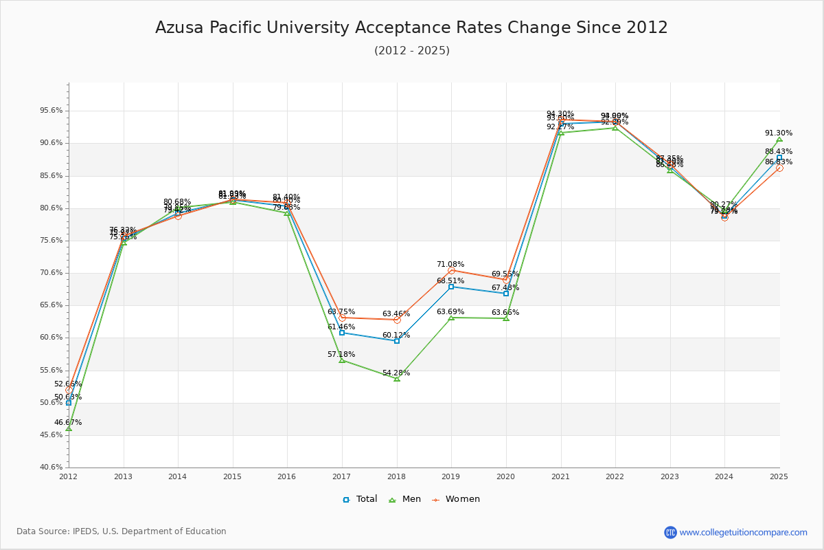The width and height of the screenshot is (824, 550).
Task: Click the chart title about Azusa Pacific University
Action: point(411,27)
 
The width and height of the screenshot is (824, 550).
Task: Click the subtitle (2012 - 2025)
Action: point(411,51)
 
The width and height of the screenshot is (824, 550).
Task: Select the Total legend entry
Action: point(360,499)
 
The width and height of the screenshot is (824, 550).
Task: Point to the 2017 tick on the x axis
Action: point(341,476)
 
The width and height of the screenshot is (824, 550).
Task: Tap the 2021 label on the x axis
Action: point(560,476)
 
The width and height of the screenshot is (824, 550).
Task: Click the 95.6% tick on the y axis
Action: point(52,110)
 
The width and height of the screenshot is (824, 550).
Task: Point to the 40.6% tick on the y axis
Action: point(52,467)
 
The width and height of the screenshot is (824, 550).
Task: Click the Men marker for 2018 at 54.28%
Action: point(397,379)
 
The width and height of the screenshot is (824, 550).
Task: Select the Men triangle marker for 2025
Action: point(779,140)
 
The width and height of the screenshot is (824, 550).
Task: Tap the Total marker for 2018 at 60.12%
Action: point(397,341)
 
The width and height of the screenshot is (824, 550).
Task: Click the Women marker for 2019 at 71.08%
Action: point(451,271)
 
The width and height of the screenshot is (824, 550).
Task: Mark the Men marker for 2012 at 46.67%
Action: point(69,428)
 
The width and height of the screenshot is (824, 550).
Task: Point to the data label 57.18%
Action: point(341,354)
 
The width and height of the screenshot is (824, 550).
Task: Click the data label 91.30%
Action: point(779,133)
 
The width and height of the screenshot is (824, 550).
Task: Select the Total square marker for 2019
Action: point(451,287)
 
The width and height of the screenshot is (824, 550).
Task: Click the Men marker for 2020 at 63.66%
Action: point(506,318)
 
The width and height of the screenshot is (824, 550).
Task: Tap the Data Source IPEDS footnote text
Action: point(122,531)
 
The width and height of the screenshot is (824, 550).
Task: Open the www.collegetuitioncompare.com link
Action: point(743,532)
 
